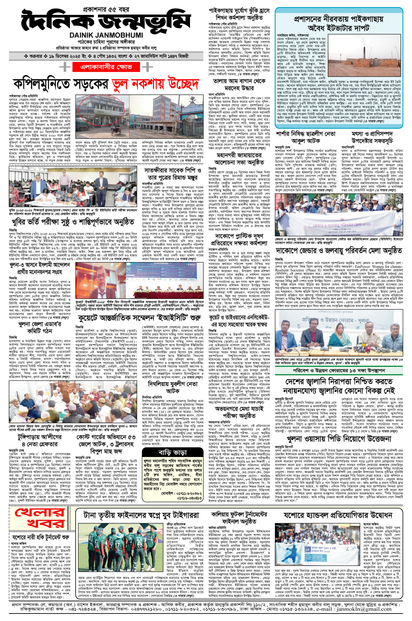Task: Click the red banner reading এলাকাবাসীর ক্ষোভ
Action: click(107, 67)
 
